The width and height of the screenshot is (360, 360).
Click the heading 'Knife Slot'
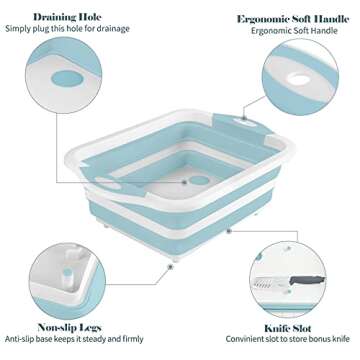(292, 326)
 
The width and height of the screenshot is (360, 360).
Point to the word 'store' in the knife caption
(296, 340)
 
